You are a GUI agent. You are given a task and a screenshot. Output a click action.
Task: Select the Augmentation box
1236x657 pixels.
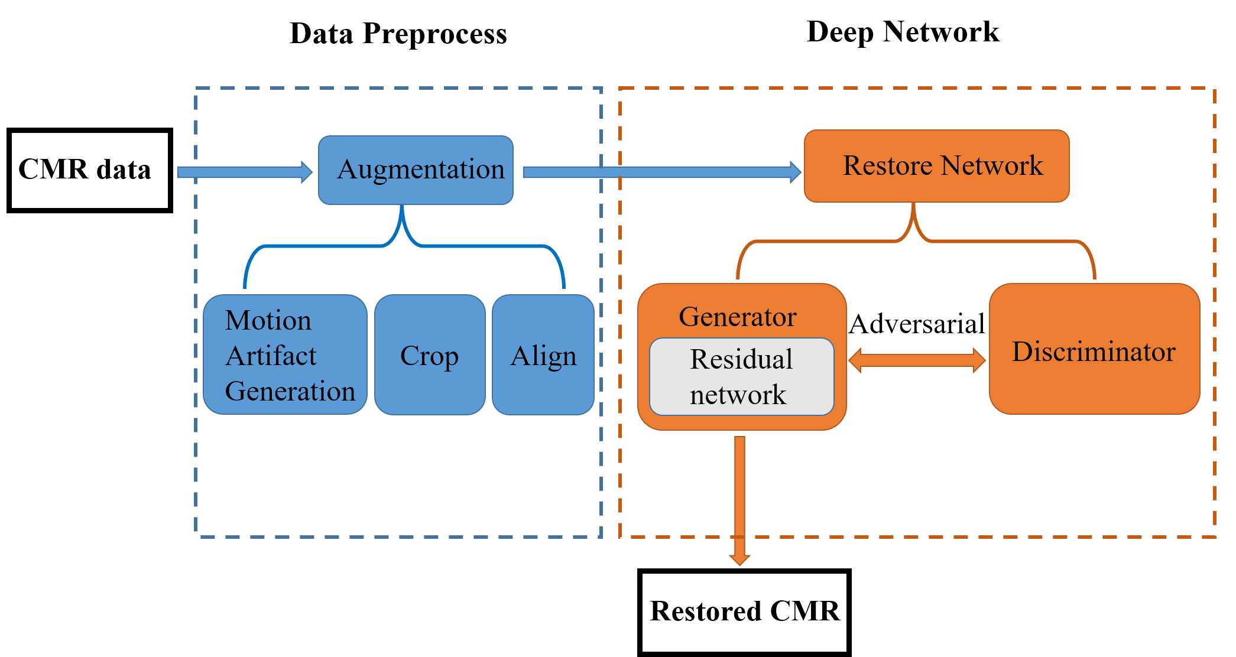click(416, 170)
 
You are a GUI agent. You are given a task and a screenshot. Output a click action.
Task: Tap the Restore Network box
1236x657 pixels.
click(936, 166)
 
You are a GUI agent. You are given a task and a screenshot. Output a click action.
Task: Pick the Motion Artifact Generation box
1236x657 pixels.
click(285, 355)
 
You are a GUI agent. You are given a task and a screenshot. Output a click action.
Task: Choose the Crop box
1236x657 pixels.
click(430, 355)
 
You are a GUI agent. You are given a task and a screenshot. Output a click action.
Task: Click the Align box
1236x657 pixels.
click(543, 355)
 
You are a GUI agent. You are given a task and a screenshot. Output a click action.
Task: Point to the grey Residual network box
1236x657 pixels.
click(741, 377)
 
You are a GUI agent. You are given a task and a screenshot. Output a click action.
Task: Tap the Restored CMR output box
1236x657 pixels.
click(744, 612)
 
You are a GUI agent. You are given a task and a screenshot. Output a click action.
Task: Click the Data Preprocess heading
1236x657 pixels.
click(398, 34)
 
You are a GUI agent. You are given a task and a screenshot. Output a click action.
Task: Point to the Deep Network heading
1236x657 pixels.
click(903, 32)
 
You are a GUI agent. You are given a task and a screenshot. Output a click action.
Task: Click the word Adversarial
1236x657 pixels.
click(917, 324)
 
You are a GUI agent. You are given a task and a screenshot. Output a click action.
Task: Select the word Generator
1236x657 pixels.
click(738, 317)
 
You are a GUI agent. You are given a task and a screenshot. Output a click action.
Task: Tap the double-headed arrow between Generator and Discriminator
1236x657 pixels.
click(917, 360)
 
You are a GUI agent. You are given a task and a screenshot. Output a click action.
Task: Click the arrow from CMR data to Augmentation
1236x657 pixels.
click(244, 172)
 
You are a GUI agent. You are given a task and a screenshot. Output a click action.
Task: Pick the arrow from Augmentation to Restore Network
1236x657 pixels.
click(661, 172)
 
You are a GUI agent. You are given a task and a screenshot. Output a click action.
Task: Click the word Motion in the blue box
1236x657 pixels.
click(268, 321)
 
